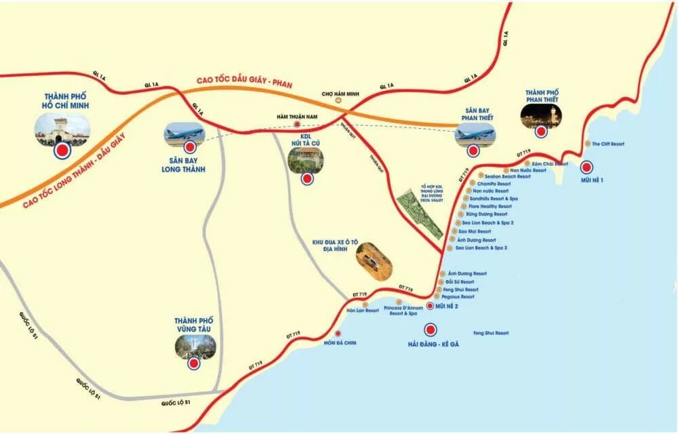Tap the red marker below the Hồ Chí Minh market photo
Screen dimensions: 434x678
63,151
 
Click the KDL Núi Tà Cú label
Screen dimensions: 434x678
305,138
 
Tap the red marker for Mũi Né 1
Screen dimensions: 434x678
586,166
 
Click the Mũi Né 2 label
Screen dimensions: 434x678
447,307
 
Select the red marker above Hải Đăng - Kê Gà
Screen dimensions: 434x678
429,330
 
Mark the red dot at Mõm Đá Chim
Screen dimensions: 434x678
338,333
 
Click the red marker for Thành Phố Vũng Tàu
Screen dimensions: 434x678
194,364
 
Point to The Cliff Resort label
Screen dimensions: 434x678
607,144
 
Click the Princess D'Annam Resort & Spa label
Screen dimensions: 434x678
403,311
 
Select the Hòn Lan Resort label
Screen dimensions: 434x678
363,311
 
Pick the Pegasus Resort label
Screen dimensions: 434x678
458,297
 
